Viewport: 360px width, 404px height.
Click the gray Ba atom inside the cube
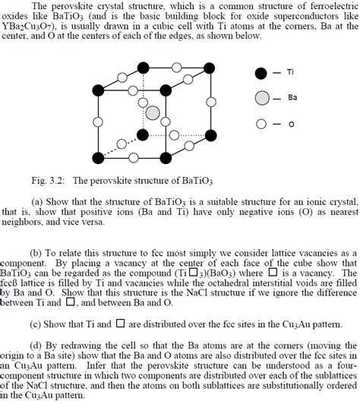[x=153, y=112]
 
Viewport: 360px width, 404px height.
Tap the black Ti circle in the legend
[x=261, y=73]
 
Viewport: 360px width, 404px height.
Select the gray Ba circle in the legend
[x=261, y=97]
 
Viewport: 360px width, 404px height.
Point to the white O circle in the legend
[x=261, y=123]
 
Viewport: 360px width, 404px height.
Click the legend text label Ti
[x=290, y=73]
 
